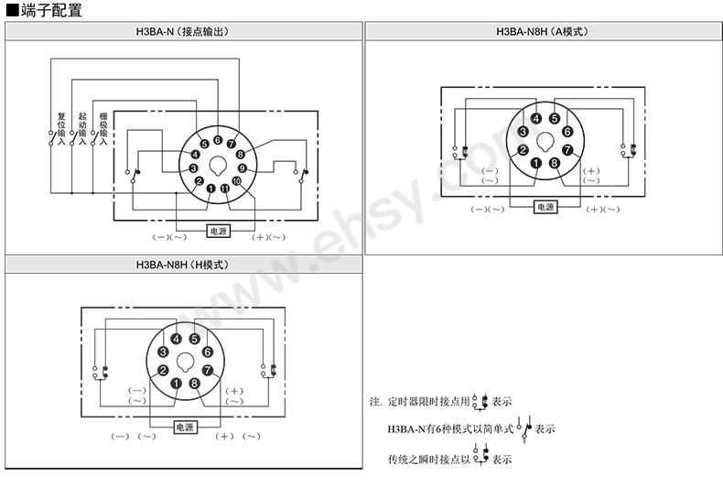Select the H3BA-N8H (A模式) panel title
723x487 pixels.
tap(542, 32)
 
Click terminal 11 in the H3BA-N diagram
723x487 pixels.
tap(224, 189)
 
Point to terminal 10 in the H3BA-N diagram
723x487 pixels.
tap(236, 181)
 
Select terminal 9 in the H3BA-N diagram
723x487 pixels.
tap(243, 168)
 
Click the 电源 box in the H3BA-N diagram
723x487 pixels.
tap(219, 231)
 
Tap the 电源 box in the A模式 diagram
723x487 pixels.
tap(545, 207)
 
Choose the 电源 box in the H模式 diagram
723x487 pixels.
tap(185, 427)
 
